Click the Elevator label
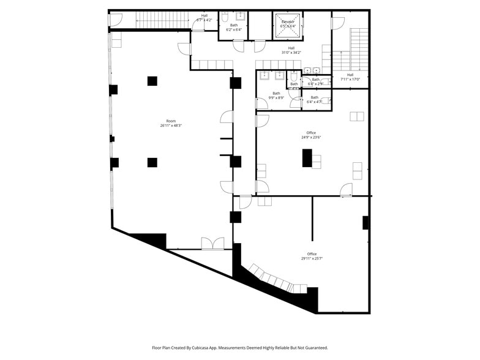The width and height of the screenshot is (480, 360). (288, 22)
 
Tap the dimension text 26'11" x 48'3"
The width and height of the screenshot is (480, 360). (171, 126)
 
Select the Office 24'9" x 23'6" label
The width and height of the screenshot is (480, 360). (311, 133)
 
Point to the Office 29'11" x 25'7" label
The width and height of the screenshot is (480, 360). (312, 254)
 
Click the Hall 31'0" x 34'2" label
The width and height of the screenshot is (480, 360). (291, 48)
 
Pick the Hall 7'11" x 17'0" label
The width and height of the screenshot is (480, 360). (350, 75)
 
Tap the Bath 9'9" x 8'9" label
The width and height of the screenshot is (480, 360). (276, 93)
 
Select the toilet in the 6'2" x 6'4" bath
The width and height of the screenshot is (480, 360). (225, 18)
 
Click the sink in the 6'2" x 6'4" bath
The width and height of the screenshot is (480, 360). (241, 15)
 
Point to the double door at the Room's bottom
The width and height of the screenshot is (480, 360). (213, 244)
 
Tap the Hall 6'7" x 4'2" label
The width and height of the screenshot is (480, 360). (204, 15)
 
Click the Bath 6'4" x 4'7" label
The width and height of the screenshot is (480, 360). (314, 97)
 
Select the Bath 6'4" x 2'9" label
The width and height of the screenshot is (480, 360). (315, 80)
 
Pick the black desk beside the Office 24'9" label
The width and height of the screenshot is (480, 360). (307, 158)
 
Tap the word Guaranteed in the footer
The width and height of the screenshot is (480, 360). (313, 347)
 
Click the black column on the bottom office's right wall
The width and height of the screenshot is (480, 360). (366, 223)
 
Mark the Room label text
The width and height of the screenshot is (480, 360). (171, 121)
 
